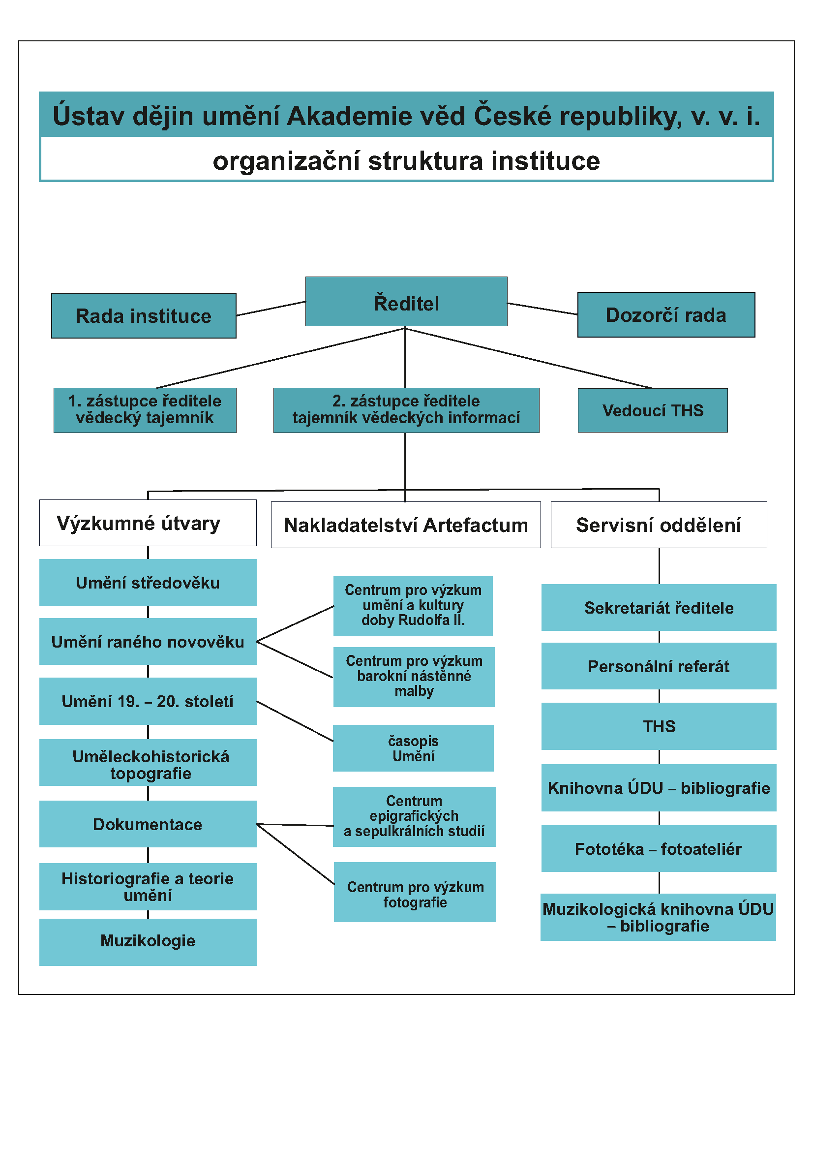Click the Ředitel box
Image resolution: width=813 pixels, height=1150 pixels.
coord(406,302)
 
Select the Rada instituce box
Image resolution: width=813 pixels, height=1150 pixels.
coord(144,315)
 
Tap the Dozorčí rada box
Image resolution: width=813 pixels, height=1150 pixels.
coord(666,314)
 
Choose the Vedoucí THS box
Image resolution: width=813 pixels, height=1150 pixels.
coord(652,410)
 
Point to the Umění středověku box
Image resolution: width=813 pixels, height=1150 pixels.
coord(148,583)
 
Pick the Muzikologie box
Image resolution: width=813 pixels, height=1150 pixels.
coord(148,940)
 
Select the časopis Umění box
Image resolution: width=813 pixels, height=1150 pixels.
coord(413,748)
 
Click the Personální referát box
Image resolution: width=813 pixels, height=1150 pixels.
coord(658,666)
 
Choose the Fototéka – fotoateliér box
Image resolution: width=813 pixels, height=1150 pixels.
coord(658,849)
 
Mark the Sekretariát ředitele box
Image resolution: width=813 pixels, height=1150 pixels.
coord(658,608)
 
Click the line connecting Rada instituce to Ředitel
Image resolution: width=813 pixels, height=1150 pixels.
coord(271,309)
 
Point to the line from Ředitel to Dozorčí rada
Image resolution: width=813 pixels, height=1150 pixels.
coord(542,309)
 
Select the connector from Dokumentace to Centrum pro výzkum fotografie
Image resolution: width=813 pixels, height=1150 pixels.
coord(296,854)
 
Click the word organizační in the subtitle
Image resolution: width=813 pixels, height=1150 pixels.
coord(286,161)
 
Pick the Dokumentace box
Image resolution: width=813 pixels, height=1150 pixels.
coord(148,824)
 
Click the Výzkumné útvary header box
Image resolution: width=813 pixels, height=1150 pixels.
coord(148,523)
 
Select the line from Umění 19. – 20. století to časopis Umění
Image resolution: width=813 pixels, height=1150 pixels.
coord(295,721)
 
